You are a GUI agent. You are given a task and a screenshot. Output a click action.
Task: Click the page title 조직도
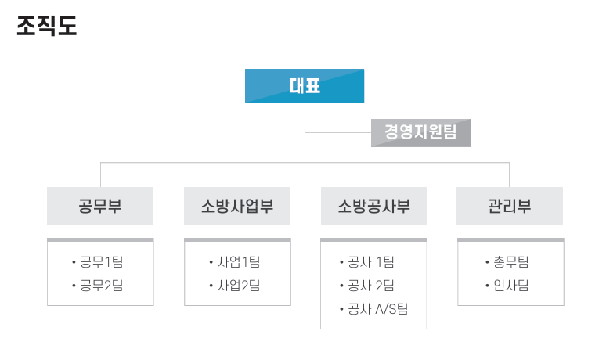47,26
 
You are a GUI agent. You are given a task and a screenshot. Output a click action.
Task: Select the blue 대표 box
305,86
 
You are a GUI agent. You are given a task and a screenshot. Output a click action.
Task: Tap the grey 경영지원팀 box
420,133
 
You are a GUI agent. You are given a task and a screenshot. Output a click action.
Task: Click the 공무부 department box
100,206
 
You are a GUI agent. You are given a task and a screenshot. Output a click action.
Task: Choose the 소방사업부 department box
237,206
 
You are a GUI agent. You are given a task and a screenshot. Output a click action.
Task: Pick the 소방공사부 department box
374,206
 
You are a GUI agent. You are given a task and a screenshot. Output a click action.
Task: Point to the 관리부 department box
510,206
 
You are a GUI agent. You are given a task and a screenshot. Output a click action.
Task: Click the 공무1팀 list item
101,262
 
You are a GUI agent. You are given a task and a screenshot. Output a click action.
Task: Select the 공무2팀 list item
101,286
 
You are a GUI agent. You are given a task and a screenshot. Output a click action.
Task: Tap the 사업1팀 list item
239,262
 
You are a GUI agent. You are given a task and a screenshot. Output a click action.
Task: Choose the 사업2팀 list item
239,286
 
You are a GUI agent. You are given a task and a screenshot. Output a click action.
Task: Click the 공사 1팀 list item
370,262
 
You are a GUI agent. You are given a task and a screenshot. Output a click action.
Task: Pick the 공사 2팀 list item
370,286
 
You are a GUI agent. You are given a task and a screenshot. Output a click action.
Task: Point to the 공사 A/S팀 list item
377,309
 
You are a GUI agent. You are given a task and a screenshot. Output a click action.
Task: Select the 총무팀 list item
511,262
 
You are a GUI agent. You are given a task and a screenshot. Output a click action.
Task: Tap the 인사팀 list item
511,286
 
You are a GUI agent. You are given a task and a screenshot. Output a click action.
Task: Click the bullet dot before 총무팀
487,263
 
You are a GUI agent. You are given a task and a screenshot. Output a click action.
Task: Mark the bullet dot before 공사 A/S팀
341,309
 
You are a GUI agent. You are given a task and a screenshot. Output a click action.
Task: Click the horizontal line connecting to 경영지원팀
337,132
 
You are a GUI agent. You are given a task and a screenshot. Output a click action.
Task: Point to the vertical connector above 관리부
510,175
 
